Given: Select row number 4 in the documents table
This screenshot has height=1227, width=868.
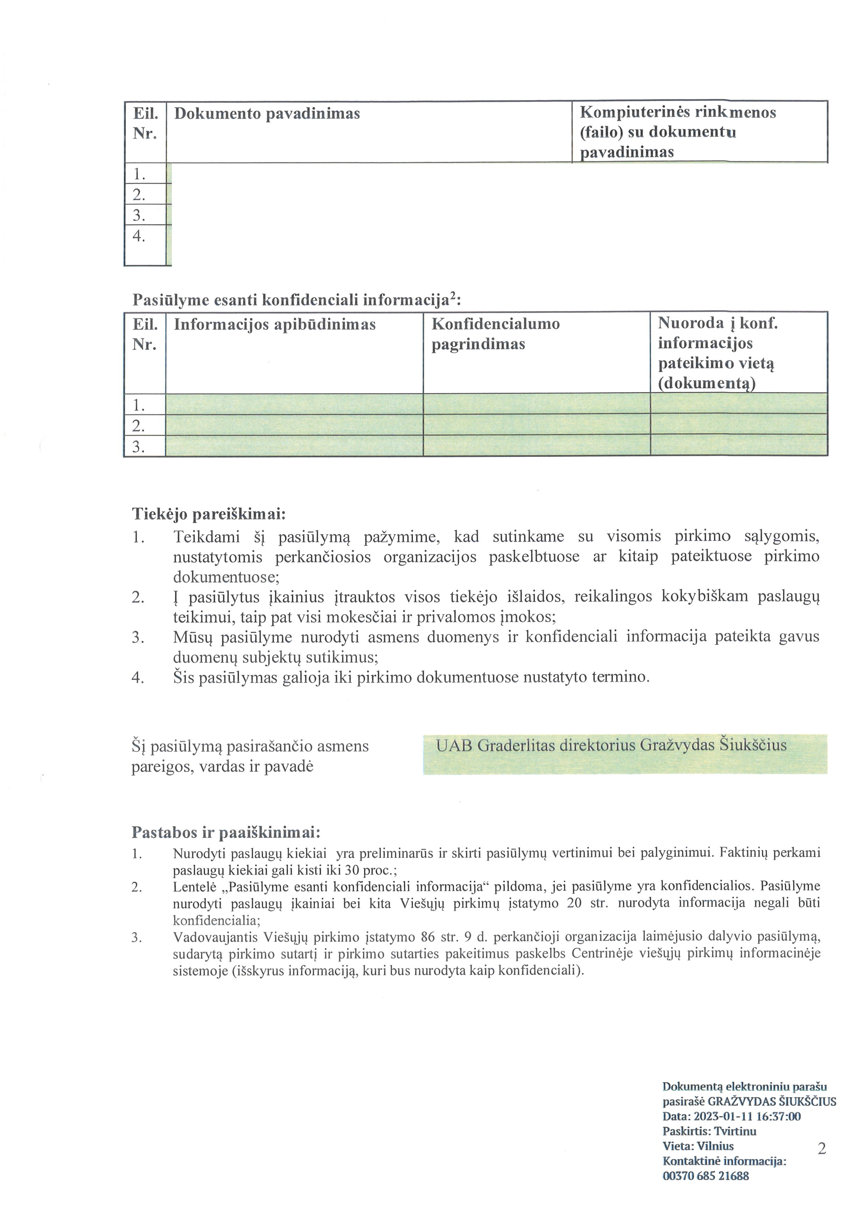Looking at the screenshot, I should point(139,236).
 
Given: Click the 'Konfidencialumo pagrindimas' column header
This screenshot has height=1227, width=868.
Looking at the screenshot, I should point(496,334).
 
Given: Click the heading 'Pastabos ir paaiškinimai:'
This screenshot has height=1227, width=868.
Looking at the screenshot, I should point(225,832).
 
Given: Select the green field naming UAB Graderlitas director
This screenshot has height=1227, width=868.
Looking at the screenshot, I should point(624,754).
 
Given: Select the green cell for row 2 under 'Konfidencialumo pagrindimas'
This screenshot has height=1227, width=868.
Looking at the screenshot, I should point(536,425).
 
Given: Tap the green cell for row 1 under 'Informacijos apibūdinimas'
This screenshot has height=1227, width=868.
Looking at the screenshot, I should point(294,404).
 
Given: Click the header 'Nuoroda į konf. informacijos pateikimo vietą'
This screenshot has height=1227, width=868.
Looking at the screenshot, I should point(718,353).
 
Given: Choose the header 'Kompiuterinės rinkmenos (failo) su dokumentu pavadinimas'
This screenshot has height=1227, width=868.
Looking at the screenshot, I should point(678,132).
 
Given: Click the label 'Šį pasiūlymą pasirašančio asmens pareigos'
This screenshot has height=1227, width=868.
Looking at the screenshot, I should point(250,756).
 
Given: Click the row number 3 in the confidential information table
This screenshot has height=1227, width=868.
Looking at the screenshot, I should point(139,446).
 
